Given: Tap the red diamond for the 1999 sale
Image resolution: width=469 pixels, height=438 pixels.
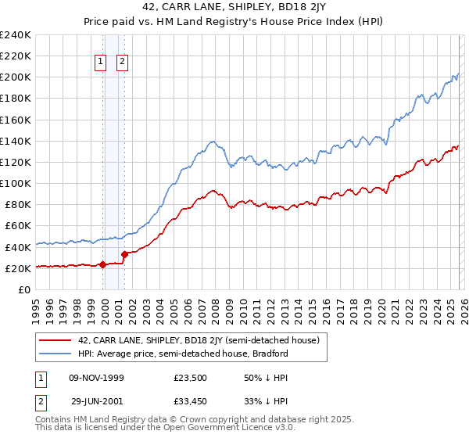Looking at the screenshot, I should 103,264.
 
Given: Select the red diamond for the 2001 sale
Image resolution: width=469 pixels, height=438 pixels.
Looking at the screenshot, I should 125,253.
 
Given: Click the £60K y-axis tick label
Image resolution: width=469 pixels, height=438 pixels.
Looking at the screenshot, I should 18,225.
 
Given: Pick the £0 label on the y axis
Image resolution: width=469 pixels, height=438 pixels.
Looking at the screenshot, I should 25,289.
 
